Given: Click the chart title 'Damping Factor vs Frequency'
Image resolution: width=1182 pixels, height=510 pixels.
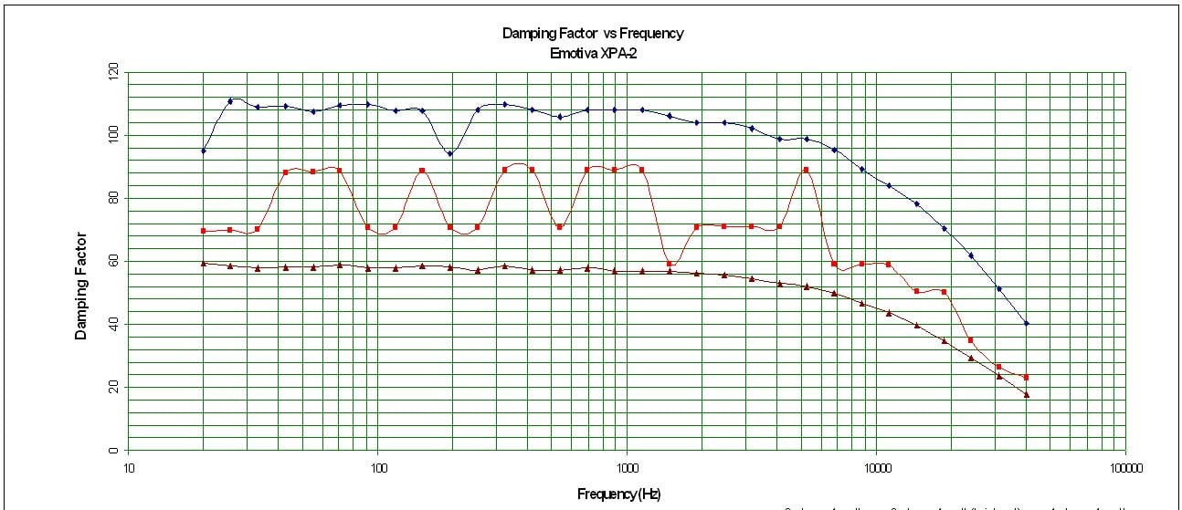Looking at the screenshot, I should pyautogui.click(x=592, y=34).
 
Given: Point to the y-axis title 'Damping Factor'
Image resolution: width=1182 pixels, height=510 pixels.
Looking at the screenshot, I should pyautogui.click(x=81, y=285).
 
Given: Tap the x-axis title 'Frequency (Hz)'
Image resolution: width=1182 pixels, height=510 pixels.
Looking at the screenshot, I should pyautogui.click(x=618, y=494).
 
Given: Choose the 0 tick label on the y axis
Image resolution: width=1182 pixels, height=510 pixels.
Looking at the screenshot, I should pyautogui.click(x=113, y=451).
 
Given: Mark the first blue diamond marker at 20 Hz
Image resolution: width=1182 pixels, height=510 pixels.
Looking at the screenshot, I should pyautogui.click(x=204, y=151).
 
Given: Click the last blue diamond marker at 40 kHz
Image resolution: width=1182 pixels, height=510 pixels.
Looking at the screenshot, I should pyautogui.click(x=1027, y=323).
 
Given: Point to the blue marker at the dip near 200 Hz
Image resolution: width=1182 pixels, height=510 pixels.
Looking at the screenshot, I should pyautogui.click(x=449, y=153).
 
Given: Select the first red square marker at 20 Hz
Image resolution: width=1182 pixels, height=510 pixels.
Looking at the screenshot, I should pyautogui.click(x=204, y=231).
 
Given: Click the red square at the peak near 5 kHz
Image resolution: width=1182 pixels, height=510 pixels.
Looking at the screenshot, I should pyautogui.click(x=806, y=170).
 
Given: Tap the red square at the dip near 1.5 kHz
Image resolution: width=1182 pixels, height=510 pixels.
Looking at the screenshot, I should pyautogui.click(x=670, y=264).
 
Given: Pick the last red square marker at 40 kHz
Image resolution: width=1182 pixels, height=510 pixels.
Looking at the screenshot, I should pyautogui.click(x=1027, y=377).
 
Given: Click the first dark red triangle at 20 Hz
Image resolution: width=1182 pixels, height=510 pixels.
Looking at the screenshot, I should pyautogui.click(x=204, y=263).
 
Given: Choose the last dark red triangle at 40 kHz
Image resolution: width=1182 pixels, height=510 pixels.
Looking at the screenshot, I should pyautogui.click(x=1027, y=394).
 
